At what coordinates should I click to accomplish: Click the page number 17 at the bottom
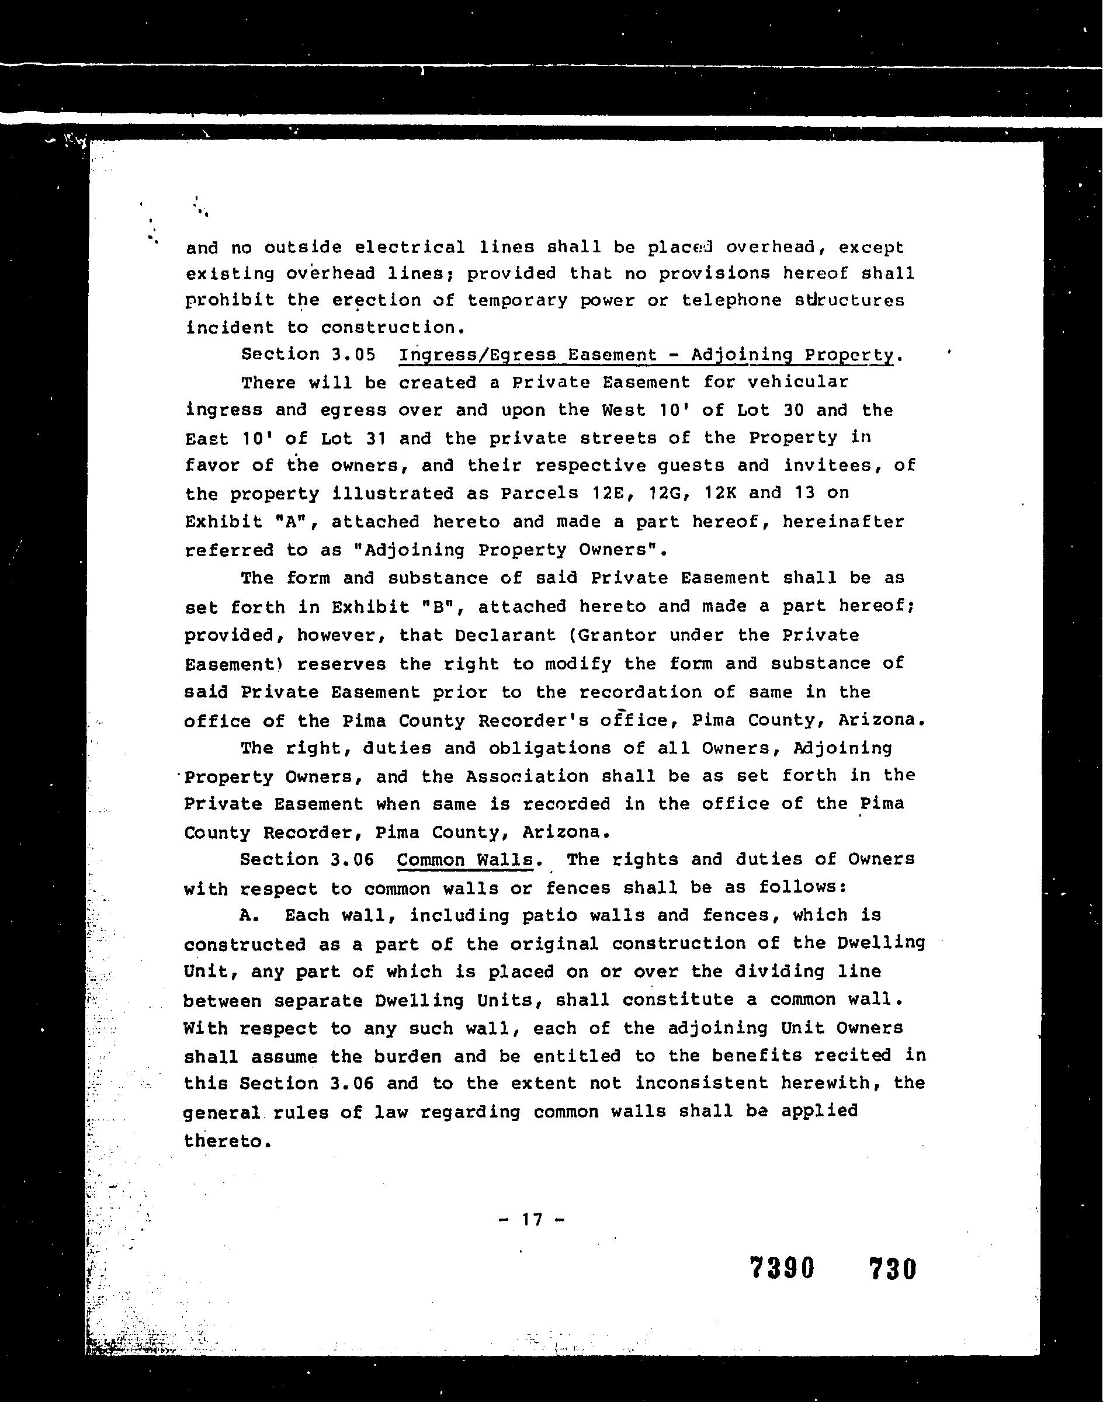click(532, 1220)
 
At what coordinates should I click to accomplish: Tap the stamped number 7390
click(782, 1268)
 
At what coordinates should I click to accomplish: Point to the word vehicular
click(797, 382)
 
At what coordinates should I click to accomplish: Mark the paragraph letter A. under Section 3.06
click(249, 916)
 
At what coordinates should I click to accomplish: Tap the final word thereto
click(223, 1141)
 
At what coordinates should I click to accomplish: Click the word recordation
click(640, 692)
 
